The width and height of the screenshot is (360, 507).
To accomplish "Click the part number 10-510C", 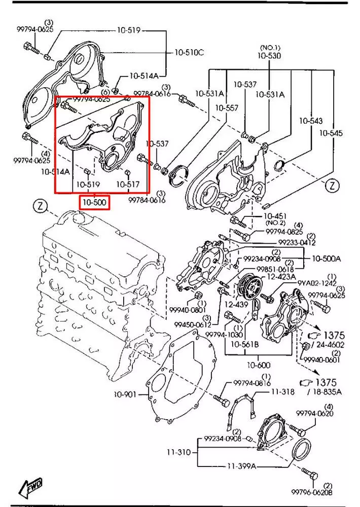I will (x=190, y=52).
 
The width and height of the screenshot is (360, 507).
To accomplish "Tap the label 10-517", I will (x=127, y=185).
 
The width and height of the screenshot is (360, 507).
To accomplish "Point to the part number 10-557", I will (x=226, y=108).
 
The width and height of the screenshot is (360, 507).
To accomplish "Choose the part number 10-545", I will (x=331, y=133).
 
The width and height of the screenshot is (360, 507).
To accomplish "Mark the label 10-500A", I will (x=327, y=259).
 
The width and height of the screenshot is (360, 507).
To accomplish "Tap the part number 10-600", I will (x=259, y=365).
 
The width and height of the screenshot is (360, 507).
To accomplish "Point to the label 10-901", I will (x=125, y=394).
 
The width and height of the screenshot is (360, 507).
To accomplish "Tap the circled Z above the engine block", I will (x=40, y=206).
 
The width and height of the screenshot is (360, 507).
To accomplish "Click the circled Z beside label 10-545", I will (x=333, y=186).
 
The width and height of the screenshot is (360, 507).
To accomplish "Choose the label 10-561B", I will (x=245, y=344).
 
